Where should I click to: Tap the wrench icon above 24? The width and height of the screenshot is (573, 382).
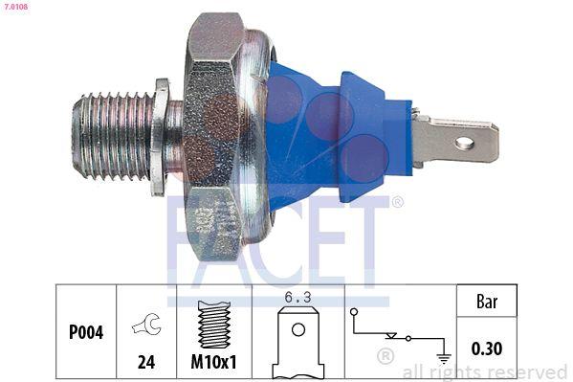145,326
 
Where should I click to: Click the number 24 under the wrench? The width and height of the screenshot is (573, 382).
145,364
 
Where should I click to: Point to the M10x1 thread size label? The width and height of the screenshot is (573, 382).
214,364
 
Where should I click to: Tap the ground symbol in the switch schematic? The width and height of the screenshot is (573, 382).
443,359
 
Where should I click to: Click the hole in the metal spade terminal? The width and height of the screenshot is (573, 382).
464,144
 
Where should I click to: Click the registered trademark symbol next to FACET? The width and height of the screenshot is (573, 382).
397,202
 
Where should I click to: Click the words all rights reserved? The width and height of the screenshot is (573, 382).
484,371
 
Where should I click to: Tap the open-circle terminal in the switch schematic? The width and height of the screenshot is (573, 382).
354,312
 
